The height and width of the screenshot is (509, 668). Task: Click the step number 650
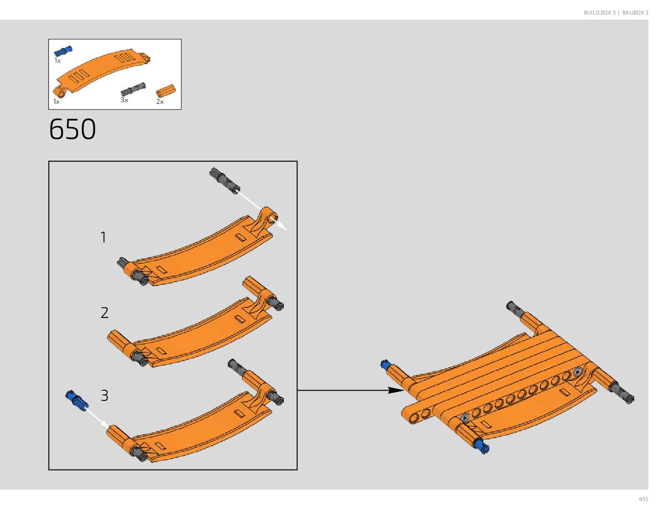73,129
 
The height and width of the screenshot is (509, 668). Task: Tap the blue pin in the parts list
63,51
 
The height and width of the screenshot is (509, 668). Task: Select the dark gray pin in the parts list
133,89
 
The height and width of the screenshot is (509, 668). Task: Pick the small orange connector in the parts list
166,91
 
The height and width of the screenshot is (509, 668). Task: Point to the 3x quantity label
124,100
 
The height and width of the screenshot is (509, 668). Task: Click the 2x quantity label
160,102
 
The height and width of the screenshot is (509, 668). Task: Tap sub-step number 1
103,237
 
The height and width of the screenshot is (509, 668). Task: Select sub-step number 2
105,312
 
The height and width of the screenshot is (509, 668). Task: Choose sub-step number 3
105,395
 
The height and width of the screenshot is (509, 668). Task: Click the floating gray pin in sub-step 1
225,180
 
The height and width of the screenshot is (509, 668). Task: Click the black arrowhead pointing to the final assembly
395,390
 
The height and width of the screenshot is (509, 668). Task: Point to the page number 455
643,499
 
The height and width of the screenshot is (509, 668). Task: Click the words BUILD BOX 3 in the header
599,13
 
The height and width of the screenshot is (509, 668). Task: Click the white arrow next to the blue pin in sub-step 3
98,417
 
